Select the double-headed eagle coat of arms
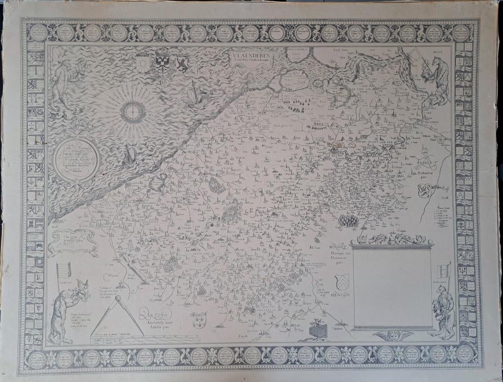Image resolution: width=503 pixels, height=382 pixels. [x=162, y=61]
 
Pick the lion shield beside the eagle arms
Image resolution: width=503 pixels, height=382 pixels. [x=183, y=64]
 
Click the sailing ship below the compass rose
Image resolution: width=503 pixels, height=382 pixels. [x=130, y=156]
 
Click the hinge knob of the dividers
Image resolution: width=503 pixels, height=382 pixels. [x=117, y=298]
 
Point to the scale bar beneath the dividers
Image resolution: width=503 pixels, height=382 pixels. [x=118, y=339]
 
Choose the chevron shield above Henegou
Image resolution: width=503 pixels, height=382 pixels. [x=342, y=281]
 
